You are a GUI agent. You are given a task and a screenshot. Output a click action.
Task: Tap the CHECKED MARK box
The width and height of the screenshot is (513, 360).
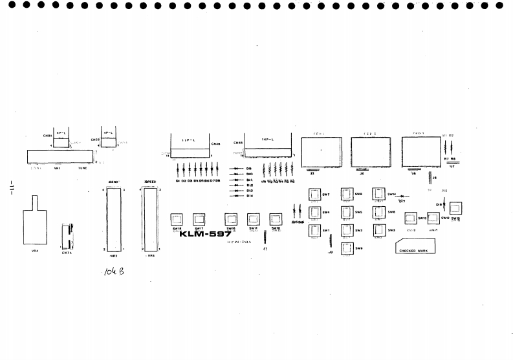(x=416, y=247)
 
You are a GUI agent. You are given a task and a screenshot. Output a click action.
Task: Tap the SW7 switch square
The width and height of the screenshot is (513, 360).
(x=315, y=195)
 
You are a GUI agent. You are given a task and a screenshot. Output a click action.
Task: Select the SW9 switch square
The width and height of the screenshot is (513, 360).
(x=347, y=248)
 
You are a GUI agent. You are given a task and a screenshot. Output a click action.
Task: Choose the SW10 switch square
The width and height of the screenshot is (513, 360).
(x=276, y=218)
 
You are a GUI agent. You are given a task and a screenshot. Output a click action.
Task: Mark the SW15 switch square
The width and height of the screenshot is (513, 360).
(x=455, y=208)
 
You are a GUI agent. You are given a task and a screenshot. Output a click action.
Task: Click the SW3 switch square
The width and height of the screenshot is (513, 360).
(x=380, y=230)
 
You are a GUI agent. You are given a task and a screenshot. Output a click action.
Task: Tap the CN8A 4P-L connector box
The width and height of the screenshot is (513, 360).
(x=61, y=142)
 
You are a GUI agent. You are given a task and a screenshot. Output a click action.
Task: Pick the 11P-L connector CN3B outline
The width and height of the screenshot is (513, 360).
(x=191, y=145)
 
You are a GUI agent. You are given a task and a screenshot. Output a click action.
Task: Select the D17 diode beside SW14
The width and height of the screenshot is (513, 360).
(x=401, y=195)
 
